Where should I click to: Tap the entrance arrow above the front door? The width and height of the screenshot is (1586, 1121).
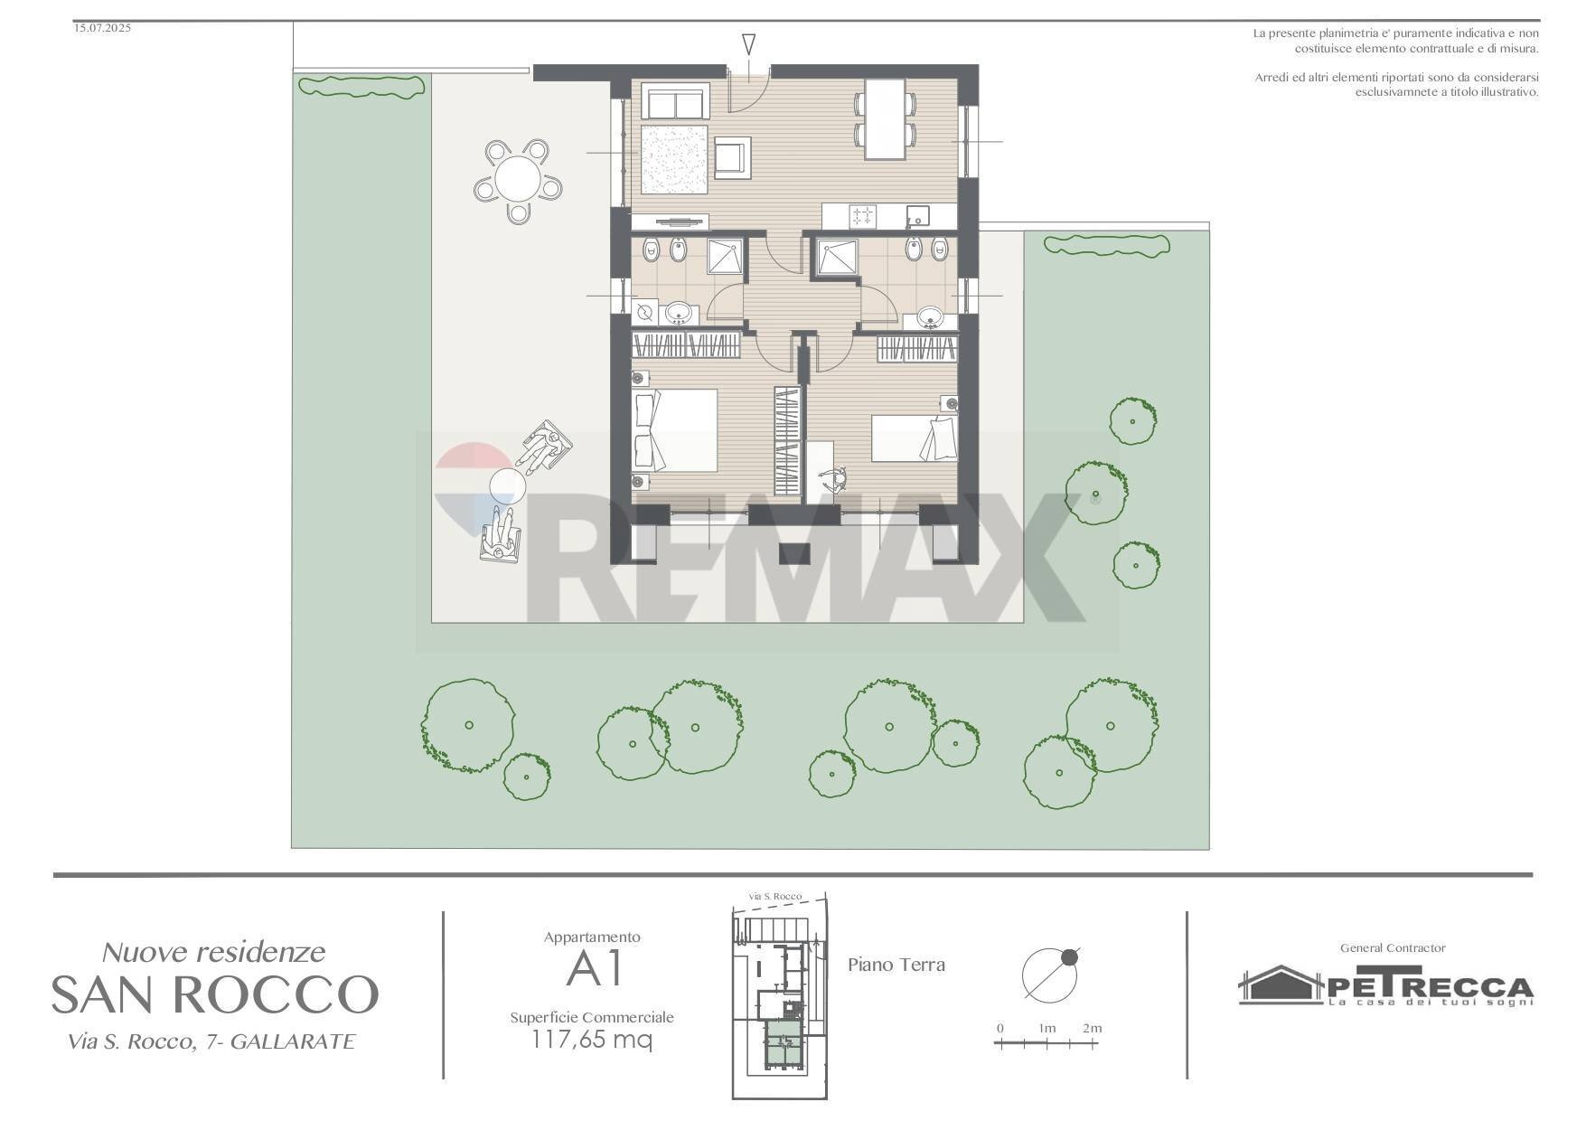point(748,44)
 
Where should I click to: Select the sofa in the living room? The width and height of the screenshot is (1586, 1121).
point(675,100)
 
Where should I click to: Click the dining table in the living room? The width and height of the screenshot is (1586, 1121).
point(885,119)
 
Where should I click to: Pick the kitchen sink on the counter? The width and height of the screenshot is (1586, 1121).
point(917,216)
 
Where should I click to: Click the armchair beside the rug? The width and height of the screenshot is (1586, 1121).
point(732,156)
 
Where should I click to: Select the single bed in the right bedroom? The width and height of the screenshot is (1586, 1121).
point(914,438)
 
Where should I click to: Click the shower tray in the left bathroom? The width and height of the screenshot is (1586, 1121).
point(726,256)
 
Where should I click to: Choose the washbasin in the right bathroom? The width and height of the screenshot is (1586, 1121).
point(930,317)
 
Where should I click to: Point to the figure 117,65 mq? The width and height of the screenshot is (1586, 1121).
point(592,1040)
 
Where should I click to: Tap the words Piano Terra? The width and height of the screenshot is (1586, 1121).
point(896,965)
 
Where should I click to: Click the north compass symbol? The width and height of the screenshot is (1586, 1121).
point(1050,973)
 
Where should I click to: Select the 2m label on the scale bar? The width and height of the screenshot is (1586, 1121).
point(1093,1028)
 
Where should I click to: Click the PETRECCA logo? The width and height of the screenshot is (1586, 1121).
point(1385,985)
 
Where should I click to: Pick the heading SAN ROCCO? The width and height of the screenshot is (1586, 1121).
point(214,994)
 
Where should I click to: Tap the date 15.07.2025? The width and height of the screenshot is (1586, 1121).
point(102,28)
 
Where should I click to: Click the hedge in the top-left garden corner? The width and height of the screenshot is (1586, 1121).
point(361,86)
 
